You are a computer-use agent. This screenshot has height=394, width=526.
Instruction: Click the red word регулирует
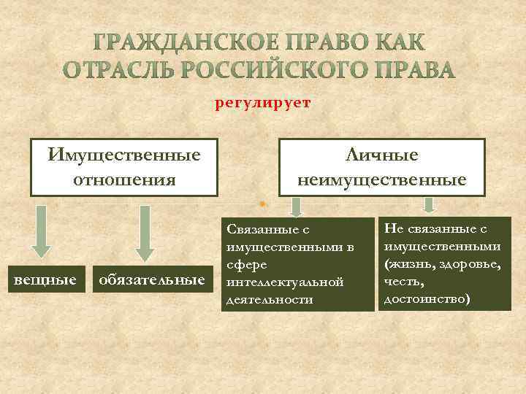(x=262, y=103)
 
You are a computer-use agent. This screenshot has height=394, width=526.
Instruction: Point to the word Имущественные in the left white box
(x=124, y=155)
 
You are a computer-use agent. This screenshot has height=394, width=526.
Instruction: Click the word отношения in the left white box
(x=124, y=179)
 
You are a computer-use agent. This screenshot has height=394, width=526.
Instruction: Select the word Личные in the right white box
(x=382, y=155)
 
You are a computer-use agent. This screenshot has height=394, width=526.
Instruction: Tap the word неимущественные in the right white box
(x=382, y=179)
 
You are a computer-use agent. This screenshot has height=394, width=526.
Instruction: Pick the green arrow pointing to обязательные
(x=145, y=232)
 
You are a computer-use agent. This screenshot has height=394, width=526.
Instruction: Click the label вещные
(x=42, y=279)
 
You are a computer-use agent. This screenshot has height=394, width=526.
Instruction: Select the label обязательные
(x=151, y=279)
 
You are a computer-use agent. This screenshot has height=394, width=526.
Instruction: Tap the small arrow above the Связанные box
(x=295, y=206)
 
